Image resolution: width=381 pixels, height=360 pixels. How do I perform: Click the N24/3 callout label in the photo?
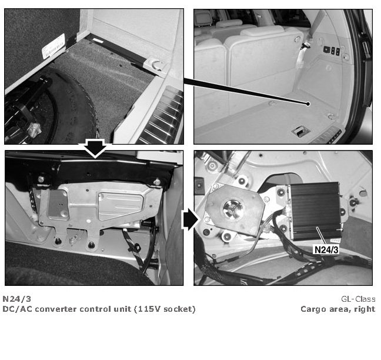(326, 249)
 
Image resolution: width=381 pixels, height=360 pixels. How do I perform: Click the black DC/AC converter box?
(315, 211)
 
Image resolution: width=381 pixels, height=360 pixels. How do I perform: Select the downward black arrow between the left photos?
(95, 148)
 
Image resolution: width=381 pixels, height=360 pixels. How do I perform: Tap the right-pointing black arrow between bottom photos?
(190, 220)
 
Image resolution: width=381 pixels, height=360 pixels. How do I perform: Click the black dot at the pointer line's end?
(308, 104)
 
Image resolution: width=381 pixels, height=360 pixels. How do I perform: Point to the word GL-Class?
(358, 299)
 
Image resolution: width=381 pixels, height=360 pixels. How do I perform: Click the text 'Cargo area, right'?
(337, 309)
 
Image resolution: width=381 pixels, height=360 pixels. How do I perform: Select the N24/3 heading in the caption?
(17, 299)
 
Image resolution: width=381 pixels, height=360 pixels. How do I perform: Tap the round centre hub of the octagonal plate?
(233, 209)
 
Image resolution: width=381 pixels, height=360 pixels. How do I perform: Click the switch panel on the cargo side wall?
(331, 51)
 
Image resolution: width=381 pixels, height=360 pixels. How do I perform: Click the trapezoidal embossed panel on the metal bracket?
(121, 206)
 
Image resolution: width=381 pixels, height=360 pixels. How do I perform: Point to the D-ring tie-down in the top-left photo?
(156, 65)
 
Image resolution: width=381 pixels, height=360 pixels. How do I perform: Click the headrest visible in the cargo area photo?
(263, 31)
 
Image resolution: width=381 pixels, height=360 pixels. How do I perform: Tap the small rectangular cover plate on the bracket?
(58, 205)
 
